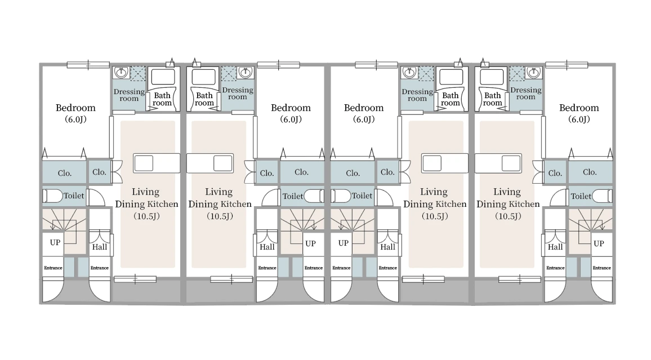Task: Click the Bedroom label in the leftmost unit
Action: click(75, 108)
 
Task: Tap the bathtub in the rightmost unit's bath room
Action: click(492, 77)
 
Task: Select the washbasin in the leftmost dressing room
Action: click(121, 73)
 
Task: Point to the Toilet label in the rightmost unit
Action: click(581, 196)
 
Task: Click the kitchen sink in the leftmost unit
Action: click(144, 163)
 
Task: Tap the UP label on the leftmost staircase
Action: click(55, 242)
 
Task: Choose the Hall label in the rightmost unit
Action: click(555, 247)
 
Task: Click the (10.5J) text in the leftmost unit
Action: click(146, 216)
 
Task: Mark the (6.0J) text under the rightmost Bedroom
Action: click(579, 119)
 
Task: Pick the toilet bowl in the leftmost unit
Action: click(53, 195)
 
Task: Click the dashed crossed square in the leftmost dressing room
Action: click(138, 73)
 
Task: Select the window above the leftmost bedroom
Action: click(88, 65)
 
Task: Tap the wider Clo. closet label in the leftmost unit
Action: click(65, 173)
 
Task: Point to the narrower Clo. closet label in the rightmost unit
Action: click(555, 173)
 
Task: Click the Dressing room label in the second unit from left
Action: click(238, 94)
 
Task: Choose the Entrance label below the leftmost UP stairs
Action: click(53, 268)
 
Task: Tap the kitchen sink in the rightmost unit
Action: click(511, 163)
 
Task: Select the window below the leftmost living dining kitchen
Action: click(135, 279)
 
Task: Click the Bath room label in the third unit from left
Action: click(451, 99)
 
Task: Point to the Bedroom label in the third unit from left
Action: click(364, 108)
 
